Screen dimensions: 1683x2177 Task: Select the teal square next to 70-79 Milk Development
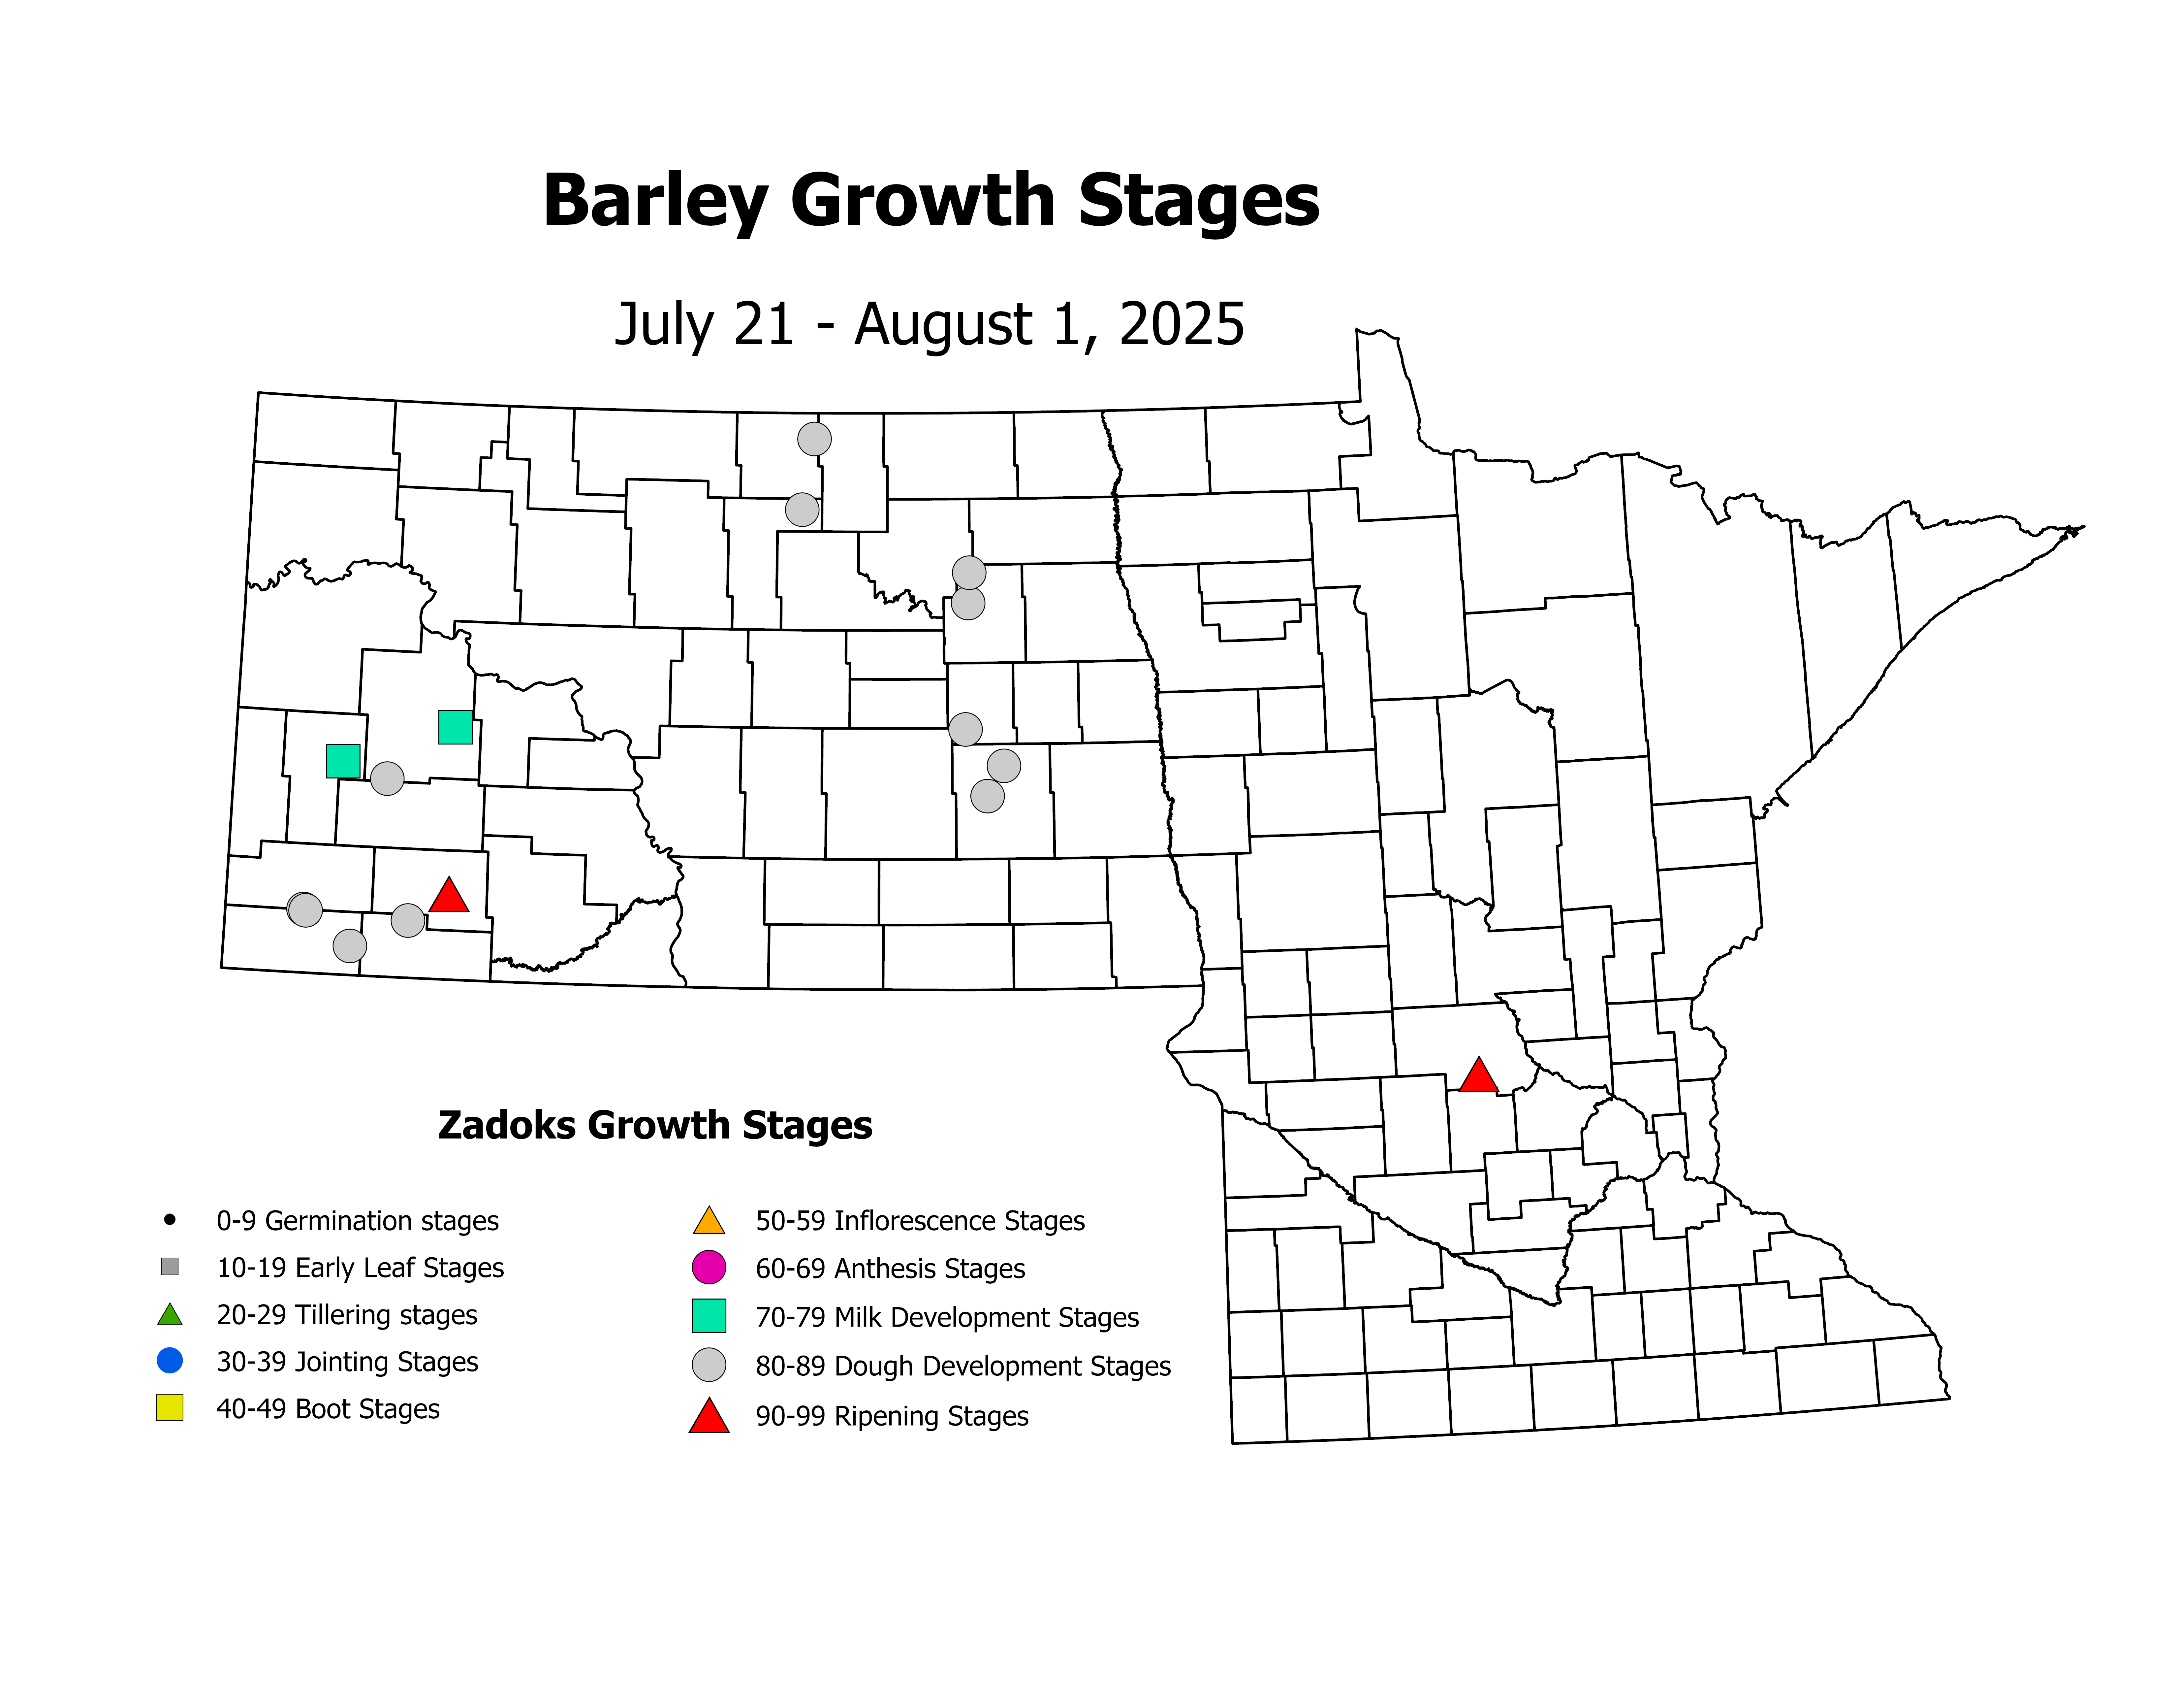point(709,1316)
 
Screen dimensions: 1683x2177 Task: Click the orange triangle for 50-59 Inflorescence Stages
point(709,1220)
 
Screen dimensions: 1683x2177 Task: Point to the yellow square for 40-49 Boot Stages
point(170,1408)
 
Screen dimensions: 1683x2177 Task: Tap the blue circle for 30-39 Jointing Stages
point(170,1360)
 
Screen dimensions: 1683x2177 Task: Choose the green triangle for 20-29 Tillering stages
point(170,1314)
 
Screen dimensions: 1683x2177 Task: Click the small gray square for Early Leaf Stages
point(170,1266)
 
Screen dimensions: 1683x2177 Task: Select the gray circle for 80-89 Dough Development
point(709,1365)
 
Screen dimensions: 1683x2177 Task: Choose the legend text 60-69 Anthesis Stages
point(890,1268)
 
